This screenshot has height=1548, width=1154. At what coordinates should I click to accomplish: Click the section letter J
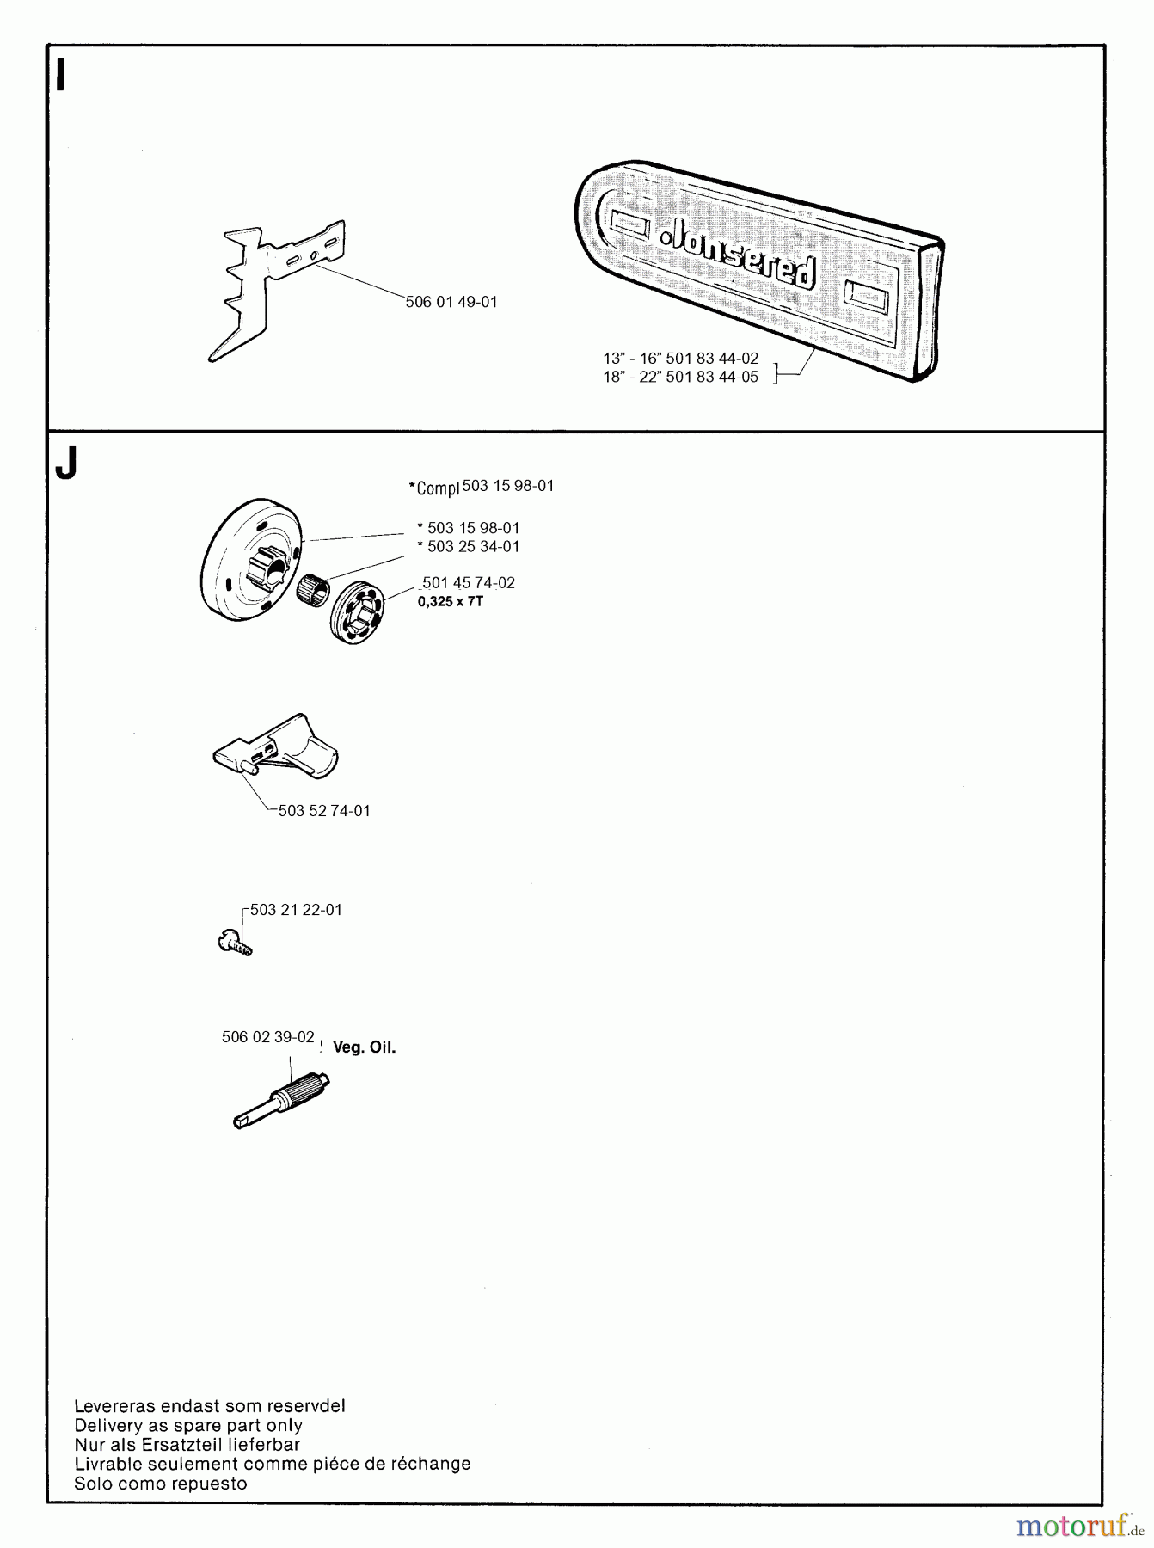point(65,465)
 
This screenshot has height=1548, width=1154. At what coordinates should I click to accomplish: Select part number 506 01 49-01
point(451,303)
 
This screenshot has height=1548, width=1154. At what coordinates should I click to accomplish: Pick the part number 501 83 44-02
point(712,359)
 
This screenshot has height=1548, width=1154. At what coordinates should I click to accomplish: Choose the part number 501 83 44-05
point(712,378)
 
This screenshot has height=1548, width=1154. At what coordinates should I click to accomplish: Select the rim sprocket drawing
point(356,612)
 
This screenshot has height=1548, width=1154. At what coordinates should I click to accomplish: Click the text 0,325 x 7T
point(451,601)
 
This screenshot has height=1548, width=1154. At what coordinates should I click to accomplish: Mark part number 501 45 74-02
point(469,583)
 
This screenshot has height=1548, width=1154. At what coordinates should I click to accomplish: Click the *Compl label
point(435,488)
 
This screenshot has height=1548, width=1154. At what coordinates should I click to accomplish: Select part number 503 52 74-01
point(324,811)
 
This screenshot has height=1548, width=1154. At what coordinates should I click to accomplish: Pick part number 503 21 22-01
point(296,910)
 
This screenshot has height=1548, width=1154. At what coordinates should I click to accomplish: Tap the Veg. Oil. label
point(364,1047)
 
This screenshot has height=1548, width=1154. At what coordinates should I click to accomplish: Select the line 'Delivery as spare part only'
point(188,1425)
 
